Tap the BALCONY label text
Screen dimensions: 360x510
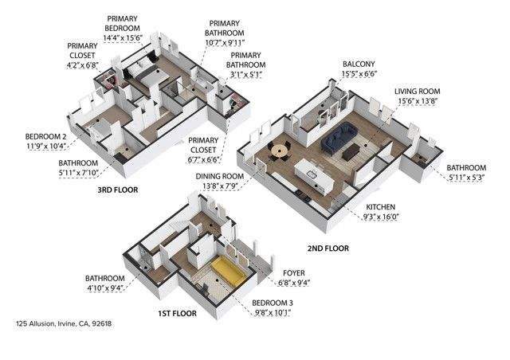click(x=359, y=64)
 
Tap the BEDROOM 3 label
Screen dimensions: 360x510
click(x=272, y=303)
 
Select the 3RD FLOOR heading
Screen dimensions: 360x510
click(x=117, y=190)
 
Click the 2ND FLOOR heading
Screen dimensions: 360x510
click(x=328, y=248)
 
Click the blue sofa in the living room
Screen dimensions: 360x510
click(x=340, y=137)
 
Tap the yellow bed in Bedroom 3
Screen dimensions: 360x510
click(x=229, y=272)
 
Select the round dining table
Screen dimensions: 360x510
click(x=279, y=148)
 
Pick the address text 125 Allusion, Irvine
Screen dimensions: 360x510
click(x=64, y=324)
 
